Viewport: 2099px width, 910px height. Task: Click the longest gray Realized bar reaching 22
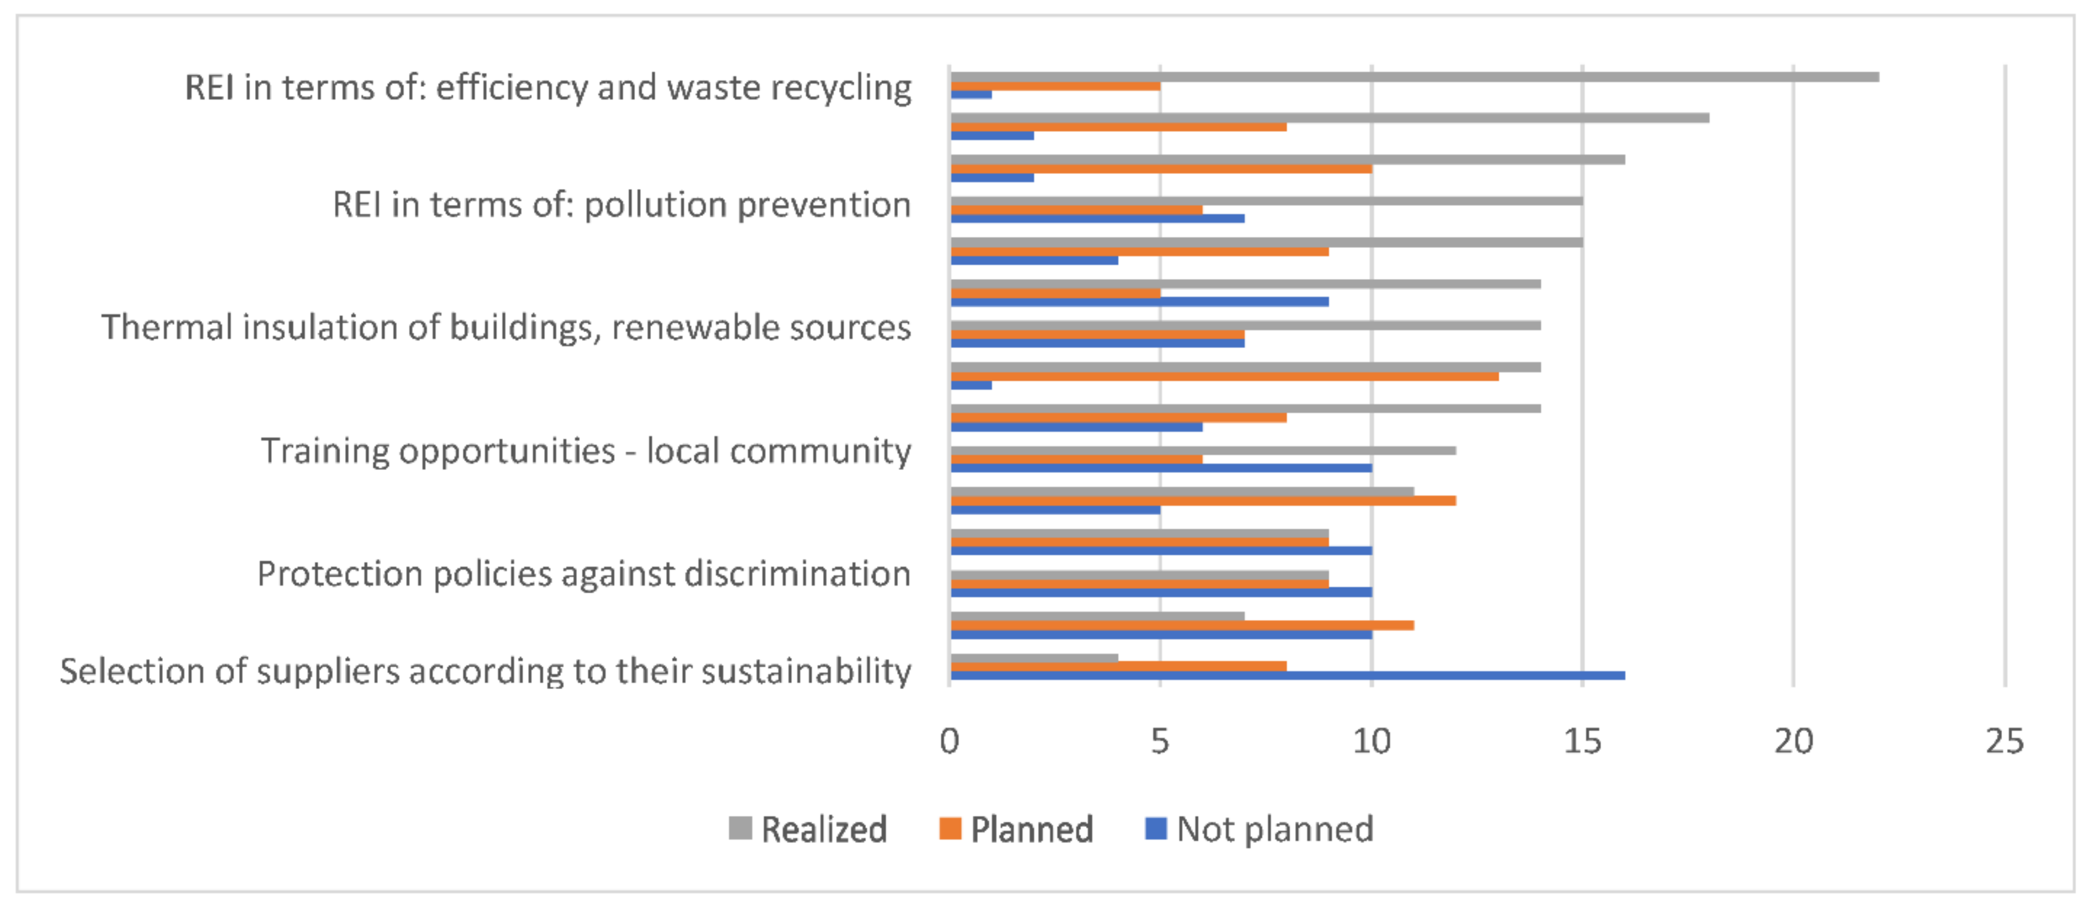click(x=1414, y=77)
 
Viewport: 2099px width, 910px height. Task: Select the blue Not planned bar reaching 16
click(x=1287, y=675)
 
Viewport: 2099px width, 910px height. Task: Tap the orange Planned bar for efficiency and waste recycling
click(x=1055, y=86)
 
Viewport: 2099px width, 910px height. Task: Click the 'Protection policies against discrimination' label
click(x=583, y=574)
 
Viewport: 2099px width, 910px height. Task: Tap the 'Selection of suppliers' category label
click(x=485, y=671)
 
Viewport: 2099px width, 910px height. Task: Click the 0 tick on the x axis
click(x=949, y=741)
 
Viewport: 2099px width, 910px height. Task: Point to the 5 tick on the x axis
click(x=1160, y=741)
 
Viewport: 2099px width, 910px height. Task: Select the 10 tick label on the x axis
click(x=1371, y=741)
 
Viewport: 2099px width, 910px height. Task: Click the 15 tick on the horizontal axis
click(x=1583, y=741)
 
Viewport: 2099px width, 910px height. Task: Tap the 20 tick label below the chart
click(x=1793, y=741)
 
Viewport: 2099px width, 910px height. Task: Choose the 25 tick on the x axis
click(x=2004, y=741)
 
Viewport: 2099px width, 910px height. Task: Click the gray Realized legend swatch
click(x=740, y=829)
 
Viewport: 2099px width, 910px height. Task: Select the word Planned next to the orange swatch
click(x=1032, y=829)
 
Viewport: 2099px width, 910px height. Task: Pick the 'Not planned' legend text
click(x=1275, y=829)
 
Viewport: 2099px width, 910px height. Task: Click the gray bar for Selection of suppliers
click(x=1034, y=657)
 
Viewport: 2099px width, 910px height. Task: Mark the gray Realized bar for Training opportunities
click(x=1203, y=451)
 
